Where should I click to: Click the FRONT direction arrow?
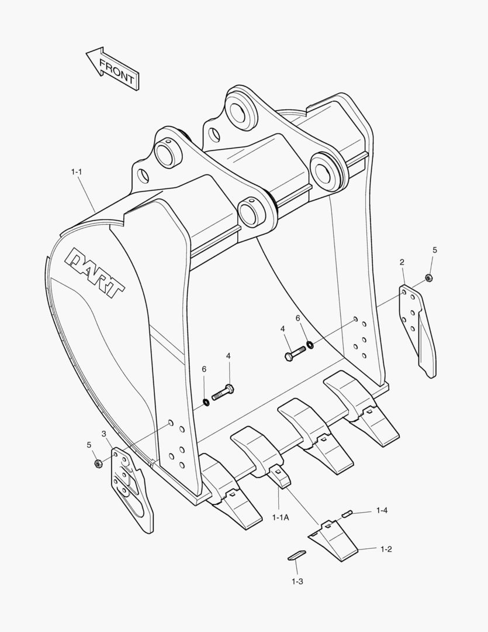tap(113, 68)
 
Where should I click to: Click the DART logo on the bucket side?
tap(96, 272)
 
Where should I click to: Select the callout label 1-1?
tap(77, 172)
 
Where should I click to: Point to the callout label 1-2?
tap(386, 549)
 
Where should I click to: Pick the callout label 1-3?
tap(297, 581)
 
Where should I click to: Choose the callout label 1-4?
tap(382, 511)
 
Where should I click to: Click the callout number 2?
tap(402, 262)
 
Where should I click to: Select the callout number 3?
tap(104, 434)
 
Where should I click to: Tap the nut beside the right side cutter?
tap(428, 277)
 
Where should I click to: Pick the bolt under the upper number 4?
tap(295, 353)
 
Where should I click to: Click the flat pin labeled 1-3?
tap(296, 554)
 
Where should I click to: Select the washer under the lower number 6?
tap(207, 401)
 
